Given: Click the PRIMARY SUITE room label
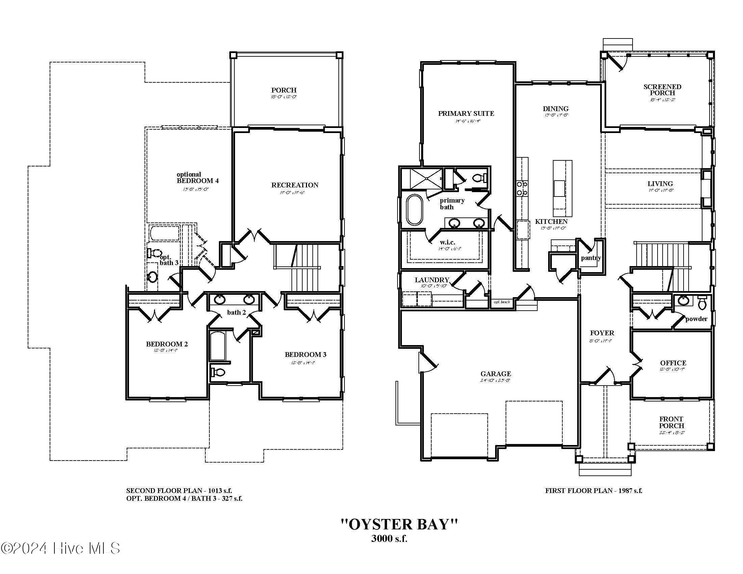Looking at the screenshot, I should tap(466, 113).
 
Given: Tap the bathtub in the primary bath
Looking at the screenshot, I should tap(414, 209).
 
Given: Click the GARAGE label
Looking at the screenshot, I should tap(495, 374).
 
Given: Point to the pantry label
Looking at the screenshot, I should tap(591, 258).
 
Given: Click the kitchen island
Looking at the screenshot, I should tap(562, 189).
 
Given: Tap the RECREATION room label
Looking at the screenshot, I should tap(294, 185).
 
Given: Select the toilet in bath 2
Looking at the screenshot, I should tap(218, 372).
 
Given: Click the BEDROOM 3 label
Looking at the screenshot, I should tap(305, 355).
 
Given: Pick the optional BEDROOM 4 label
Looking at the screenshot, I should tap(197, 178).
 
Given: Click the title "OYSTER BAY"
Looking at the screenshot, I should tap(399, 524).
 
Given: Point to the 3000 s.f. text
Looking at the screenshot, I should tap(389, 539).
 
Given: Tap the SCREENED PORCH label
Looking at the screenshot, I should tap(662, 90).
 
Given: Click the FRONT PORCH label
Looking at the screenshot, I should tap(671, 422).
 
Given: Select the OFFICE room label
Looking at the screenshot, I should tap(673, 363).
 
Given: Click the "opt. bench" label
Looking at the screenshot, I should tap(502, 302).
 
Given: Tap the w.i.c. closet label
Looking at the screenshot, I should tap(447, 242).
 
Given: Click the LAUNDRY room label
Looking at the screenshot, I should tap(432, 280).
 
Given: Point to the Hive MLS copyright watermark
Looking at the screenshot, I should tap(60, 548).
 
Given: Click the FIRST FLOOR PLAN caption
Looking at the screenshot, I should tap(593, 491).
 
